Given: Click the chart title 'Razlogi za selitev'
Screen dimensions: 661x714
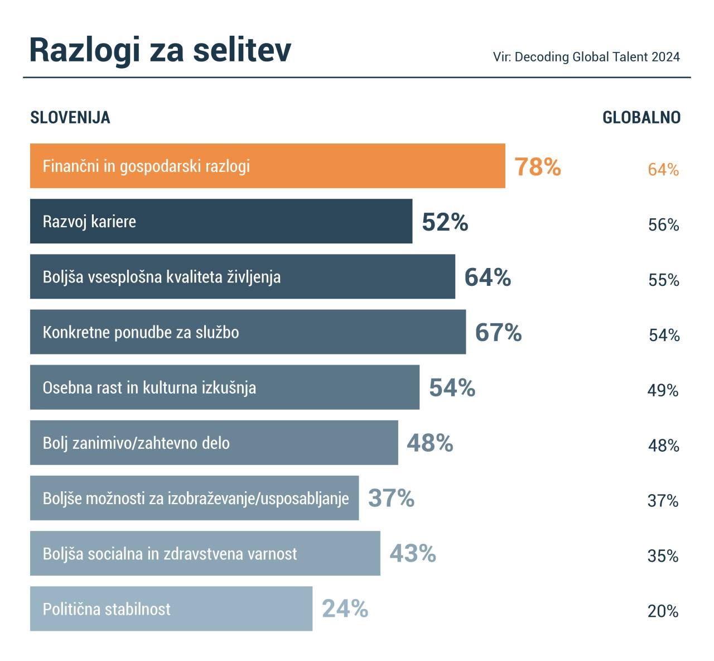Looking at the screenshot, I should [x=160, y=50].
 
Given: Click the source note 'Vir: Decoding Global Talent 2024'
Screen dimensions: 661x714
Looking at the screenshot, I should [x=586, y=57].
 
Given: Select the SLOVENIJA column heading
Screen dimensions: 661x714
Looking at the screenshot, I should [x=70, y=118].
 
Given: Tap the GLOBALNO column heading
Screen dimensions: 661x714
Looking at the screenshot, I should [x=641, y=118].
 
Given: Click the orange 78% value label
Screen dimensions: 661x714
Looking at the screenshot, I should [x=538, y=166].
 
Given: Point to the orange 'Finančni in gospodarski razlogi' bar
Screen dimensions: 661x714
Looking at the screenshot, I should [x=267, y=166].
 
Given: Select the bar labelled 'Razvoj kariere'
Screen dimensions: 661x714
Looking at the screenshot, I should [x=221, y=221].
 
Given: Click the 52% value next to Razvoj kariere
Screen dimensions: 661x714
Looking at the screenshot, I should [x=445, y=222].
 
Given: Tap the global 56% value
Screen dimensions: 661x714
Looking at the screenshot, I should [x=663, y=225].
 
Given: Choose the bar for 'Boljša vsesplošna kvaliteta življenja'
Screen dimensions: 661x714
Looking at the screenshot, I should [x=242, y=276].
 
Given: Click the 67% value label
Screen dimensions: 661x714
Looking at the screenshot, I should [x=498, y=333].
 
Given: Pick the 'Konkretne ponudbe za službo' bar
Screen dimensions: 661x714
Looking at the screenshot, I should [x=248, y=332].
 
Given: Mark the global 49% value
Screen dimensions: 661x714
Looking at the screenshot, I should [x=663, y=391].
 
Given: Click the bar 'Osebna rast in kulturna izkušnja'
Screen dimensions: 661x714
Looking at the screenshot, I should [x=224, y=387].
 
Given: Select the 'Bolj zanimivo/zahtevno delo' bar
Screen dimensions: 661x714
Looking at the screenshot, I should [x=214, y=442].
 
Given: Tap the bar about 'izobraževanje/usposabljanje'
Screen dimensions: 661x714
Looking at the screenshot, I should [x=194, y=497].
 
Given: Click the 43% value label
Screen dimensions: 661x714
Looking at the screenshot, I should [x=413, y=553].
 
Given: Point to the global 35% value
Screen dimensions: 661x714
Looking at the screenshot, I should [x=663, y=557].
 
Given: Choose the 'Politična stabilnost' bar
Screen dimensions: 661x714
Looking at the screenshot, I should [x=171, y=609].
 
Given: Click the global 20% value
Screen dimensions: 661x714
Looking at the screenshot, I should [x=663, y=612].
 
